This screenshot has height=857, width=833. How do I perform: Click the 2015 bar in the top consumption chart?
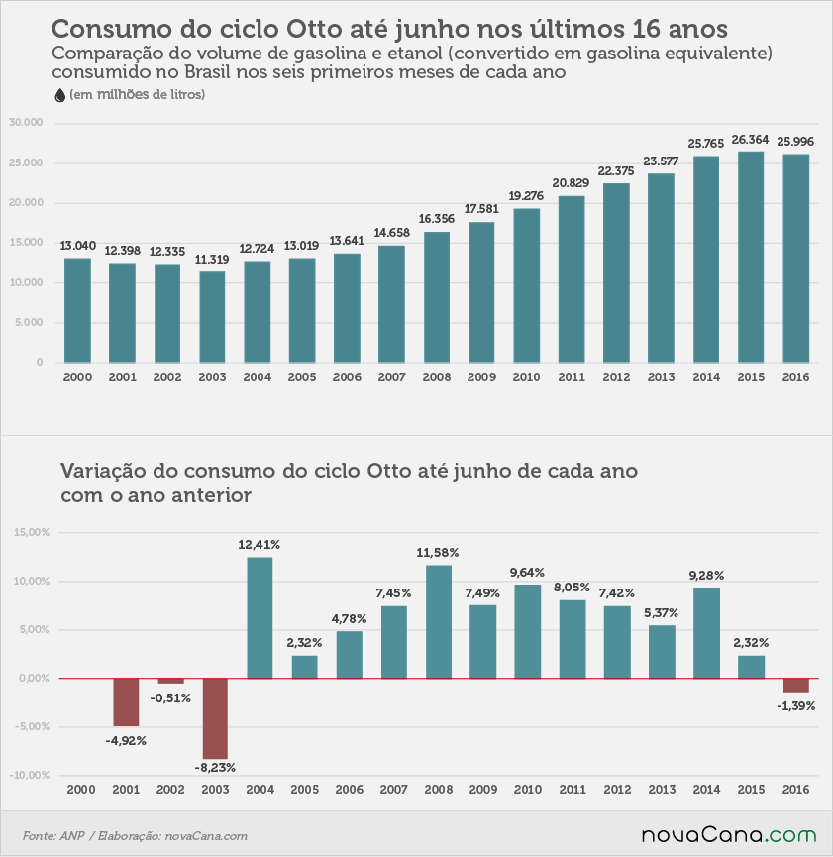coord(751,257)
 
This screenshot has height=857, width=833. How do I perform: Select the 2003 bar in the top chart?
coord(212,317)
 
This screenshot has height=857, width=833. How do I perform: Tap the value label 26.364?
coord(750,140)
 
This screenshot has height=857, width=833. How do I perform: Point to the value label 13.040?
coord(77,246)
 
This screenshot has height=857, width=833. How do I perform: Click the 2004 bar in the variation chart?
coord(260,617)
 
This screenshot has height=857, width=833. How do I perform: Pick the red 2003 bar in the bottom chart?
coord(215,718)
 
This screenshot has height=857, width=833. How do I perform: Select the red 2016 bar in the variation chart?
coord(795,686)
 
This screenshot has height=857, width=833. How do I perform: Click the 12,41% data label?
coord(260,545)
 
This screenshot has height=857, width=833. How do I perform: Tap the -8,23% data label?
coord(215,768)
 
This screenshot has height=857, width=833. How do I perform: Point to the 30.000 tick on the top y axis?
coord(26,123)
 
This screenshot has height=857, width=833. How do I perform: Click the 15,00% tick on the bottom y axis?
coord(31,532)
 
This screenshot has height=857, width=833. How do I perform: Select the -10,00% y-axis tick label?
coord(30,775)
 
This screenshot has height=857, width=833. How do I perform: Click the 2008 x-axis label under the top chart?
coord(436,377)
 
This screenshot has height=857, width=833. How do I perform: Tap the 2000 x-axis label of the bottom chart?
coord(81,790)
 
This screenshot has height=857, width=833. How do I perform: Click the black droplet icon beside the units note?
coord(60,96)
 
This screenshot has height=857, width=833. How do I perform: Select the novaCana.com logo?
coord(729,835)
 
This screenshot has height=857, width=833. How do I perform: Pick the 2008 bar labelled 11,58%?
coord(439,622)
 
